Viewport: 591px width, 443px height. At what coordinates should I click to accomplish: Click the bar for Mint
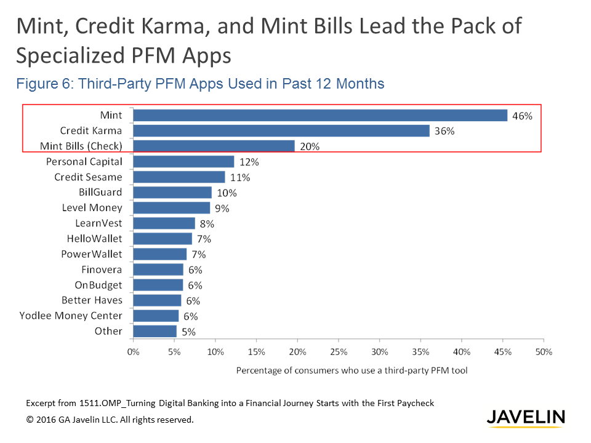coord(320,115)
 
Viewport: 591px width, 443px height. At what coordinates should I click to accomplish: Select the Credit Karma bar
coord(281,130)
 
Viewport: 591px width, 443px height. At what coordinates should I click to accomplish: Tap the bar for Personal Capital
coord(183,161)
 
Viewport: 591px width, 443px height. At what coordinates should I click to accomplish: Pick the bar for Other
coord(155,331)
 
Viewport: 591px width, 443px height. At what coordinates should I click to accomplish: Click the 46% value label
coord(521,116)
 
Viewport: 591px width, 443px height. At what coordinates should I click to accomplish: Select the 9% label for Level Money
coord(222,209)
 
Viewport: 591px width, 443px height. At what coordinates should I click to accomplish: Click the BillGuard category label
coord(100,192)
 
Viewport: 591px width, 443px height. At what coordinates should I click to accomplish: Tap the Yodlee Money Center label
coord(71,316)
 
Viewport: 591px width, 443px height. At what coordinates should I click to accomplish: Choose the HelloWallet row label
coord(94,238)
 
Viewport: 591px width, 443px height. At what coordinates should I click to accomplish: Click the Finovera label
coord(102,269)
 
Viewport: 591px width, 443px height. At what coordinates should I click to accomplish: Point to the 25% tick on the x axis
coord(339,352)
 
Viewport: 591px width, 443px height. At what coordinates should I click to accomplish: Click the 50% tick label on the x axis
coord(544,352)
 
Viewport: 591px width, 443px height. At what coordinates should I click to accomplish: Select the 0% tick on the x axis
coord(134,352)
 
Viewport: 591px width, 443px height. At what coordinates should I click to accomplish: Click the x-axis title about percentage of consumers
coord(352,371)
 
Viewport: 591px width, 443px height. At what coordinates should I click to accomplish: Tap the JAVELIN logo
coord(525,417)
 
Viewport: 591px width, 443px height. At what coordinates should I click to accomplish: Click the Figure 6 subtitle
coord(200,84)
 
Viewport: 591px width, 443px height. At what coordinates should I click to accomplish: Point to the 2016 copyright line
coord(110,420)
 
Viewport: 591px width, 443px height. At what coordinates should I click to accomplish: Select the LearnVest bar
coord(164,223)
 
